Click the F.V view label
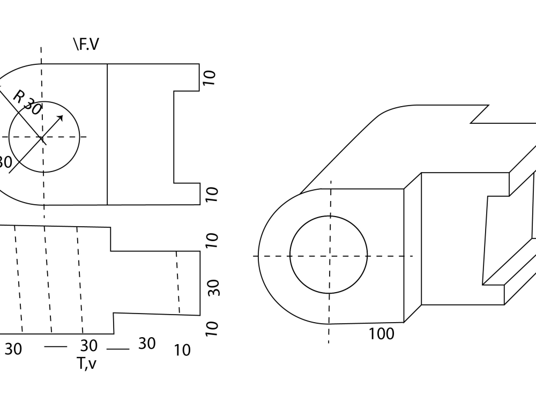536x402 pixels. [86, 44]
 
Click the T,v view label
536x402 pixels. [86, 363]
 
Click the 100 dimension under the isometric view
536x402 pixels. [381, 334]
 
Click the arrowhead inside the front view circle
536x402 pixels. [60, 118]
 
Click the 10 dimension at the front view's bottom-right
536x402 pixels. [211, 194]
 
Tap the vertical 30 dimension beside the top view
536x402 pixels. [213, 287]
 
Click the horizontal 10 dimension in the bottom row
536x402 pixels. [182, 350]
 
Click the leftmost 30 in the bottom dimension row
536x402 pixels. [13, 349]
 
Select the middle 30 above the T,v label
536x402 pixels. [89, 345]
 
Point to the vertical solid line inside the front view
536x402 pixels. [107, 134]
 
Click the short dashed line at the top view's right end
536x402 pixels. [177, 282]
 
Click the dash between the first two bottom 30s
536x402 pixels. [55, 347]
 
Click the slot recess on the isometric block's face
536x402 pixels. [496, 241]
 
